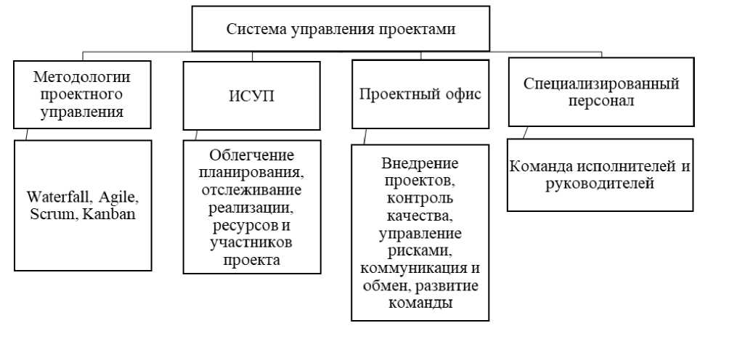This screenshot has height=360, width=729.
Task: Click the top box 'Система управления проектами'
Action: [x=341, y=28]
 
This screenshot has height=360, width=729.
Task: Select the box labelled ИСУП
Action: [x=251, y=96]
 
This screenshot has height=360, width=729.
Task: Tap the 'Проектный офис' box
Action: [x=420, y=94]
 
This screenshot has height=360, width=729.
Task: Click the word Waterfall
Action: [x=59, y=197]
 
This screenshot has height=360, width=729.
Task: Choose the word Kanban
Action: [x=107, y=214]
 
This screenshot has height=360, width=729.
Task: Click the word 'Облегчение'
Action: [x=251, y=155]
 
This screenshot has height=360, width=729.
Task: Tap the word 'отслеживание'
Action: [x=251, y=190]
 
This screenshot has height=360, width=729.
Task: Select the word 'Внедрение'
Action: [x=420, y=164]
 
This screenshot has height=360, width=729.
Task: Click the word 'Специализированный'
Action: [x=601, y=84]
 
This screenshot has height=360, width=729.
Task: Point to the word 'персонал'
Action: [x=600, y=101]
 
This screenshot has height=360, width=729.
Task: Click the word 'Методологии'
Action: [x=82, y=77]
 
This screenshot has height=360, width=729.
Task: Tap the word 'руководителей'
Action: [x=600, y=184]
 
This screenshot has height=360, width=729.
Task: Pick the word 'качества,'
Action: [x=420, y=216]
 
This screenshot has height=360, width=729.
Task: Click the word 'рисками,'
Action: [x=420, y=251]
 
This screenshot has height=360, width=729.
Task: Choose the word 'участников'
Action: [x=251, y=242]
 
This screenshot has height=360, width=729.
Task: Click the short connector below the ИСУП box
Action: [x=196, y=135]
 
